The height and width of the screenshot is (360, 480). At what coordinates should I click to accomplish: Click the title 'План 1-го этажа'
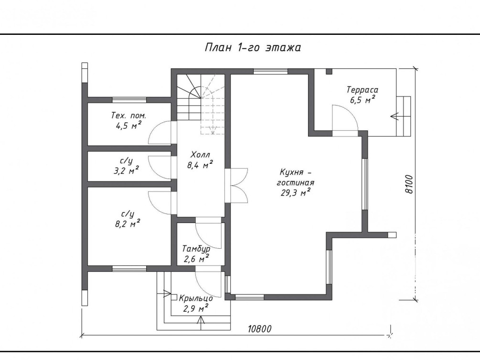(253, 47)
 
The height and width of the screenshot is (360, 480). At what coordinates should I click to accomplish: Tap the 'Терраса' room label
(362, 90)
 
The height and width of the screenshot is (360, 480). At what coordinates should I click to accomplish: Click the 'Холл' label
(200, 154)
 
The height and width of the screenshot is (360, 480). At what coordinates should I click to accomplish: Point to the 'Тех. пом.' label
(128, 116)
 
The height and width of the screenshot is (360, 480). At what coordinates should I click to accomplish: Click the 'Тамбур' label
(196, 249)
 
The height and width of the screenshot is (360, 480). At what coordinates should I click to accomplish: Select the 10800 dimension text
(260, 329)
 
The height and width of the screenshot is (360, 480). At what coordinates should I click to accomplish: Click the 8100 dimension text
(409, 184)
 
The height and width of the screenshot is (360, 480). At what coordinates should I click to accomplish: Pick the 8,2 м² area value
(128, 224)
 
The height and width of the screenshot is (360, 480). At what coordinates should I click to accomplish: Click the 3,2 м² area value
(126, 170)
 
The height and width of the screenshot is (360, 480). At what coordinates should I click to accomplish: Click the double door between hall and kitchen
(236, 185)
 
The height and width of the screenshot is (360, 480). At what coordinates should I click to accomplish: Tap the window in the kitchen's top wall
(271, 72)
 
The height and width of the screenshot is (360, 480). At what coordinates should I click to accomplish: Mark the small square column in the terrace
(329, 72)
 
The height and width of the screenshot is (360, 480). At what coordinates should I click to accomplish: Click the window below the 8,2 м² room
(129, 269)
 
